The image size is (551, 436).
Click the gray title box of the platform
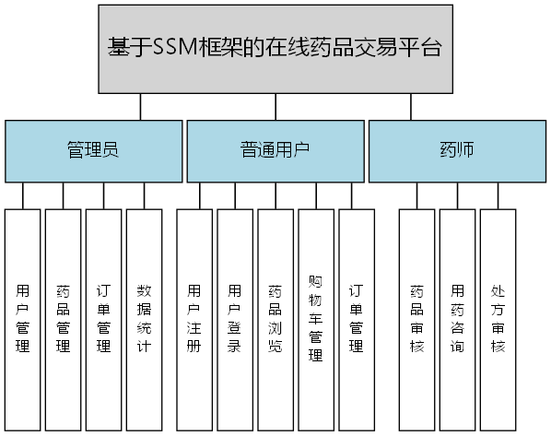click(275, 48)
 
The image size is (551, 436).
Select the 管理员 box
click(92, 150)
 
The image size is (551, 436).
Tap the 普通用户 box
click(275, 150)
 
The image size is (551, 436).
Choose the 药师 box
click(457, 150)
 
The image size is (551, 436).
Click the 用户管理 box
click(23, 319)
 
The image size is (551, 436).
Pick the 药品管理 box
click(64, 319)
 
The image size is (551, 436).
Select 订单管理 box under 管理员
click(104, 319)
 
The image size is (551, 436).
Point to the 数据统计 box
click(144, 319)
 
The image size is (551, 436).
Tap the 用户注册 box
click(193, 319)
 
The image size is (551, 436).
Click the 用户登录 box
click(234, 319)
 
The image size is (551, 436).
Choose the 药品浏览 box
click(275, 319)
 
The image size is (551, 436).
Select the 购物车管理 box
click(315, 319)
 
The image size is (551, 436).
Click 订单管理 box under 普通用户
click(356, 319)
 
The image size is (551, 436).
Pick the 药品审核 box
click(416, 319)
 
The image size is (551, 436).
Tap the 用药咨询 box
click(457, 319)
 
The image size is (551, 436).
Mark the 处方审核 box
click(498, 319)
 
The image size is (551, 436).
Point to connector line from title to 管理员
click(141, 107)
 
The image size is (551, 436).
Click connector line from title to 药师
click(412, 107)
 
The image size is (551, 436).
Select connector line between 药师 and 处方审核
click(498, 195)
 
